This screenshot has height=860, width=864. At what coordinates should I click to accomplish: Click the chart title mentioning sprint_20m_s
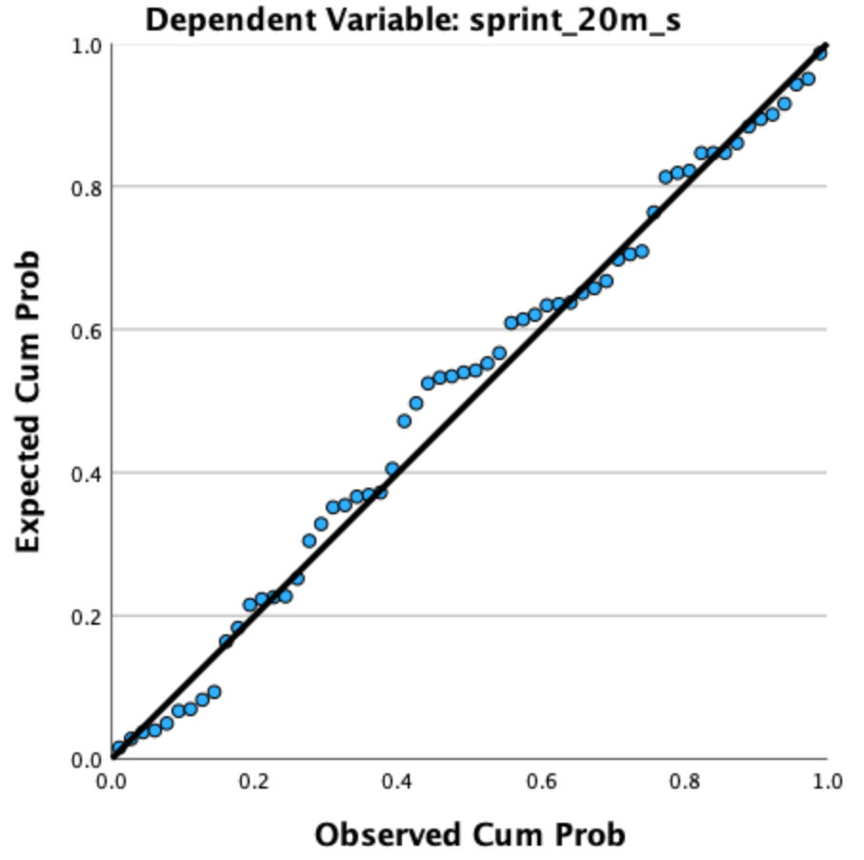[412, 19]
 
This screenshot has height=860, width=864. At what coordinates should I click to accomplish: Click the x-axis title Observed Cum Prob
[470, 834]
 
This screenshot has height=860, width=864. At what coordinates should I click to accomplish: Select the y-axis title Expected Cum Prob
[30, 401]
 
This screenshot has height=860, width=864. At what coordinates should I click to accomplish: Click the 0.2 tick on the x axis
[254, 781]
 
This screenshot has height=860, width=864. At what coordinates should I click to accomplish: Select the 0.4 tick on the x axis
[397, 781]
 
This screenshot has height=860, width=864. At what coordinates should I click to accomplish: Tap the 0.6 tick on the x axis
[541, 781]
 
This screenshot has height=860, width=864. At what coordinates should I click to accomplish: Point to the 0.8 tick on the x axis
[684, 781]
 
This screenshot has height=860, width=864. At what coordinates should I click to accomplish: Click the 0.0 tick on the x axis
[111, 781]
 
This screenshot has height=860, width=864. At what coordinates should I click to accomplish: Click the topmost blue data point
[820, 53]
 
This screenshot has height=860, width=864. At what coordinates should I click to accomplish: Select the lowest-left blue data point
[118, 749]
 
